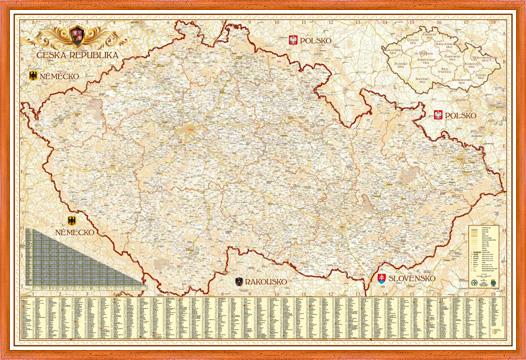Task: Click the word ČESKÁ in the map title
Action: (54, 56)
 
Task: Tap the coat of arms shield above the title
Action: (73, 38)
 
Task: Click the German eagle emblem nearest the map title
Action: (31, 76)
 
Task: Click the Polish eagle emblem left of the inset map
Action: (293, 40)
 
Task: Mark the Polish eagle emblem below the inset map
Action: (437, 116)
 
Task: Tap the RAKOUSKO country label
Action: (266, 282)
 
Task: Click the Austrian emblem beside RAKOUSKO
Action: (238, 282)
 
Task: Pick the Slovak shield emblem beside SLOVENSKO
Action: (381, 277)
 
